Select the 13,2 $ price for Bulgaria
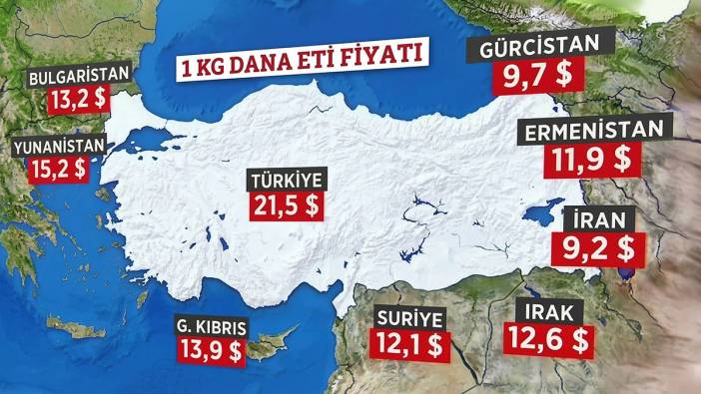pos(77,101)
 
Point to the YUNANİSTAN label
pos(59,146)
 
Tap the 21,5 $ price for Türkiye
pos(290,207)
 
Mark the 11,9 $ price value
pos(589,160)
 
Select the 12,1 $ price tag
pos(410,345)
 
